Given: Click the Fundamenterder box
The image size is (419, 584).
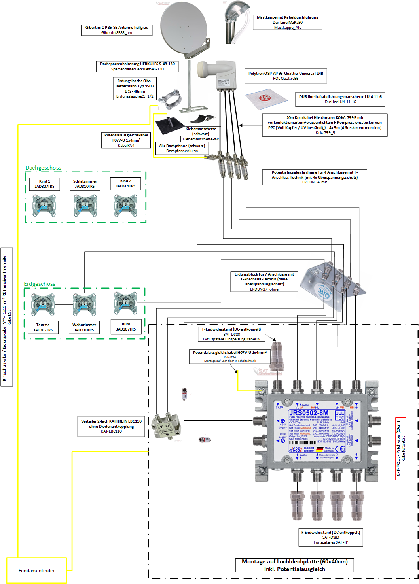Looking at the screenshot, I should [36, 570].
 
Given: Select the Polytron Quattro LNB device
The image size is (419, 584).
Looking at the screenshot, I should [217, 75].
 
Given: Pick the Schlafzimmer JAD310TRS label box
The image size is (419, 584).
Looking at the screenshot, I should [85, 184].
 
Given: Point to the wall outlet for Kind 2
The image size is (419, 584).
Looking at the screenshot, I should [125, 206].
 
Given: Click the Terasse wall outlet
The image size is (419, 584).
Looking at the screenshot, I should [43, 304].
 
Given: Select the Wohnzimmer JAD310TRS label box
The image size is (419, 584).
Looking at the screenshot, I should [84, 327].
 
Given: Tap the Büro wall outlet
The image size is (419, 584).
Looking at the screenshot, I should [125, 303].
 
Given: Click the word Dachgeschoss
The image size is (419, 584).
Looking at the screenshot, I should [43, 168].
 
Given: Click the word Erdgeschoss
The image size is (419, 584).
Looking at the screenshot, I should [40, 284].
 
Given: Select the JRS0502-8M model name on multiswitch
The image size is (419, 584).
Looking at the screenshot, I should [308, 413].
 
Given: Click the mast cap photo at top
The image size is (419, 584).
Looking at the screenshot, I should [237, 22].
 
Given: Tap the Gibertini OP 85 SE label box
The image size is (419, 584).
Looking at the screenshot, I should [117, 30].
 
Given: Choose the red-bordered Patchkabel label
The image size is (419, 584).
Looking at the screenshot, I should [401, 448].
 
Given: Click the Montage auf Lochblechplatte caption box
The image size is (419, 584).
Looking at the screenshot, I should [294, 565].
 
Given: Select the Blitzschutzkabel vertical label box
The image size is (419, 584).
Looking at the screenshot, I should [7, 317].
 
